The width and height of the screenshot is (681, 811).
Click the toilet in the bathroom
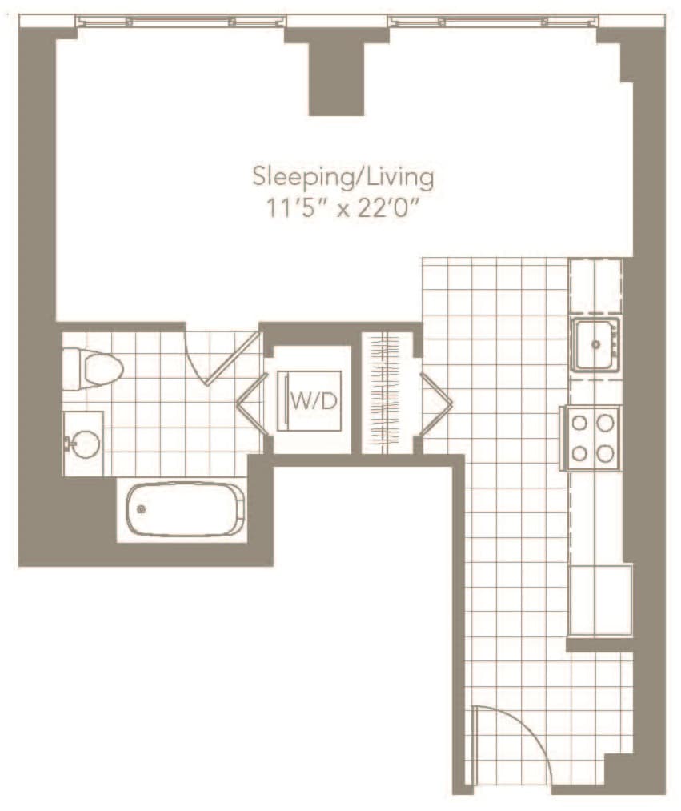93,369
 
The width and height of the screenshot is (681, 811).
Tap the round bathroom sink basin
86,444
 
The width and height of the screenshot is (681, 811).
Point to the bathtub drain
141,509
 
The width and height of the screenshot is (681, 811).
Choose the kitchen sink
595,344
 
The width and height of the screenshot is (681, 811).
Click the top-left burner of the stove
579,423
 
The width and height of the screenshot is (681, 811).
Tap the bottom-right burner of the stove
604,454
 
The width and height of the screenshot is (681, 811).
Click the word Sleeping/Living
343,178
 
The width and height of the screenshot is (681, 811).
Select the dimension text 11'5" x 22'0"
342,210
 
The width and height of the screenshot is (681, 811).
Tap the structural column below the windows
337,78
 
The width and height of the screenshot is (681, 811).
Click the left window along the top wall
181,21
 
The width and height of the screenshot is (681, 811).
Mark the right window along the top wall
495,21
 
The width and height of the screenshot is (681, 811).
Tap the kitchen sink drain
596,344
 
